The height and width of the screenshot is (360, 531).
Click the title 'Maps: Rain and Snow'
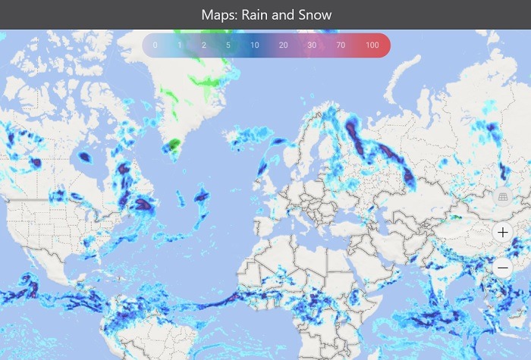click(266, 15)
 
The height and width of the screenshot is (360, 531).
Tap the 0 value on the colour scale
click(155, 45)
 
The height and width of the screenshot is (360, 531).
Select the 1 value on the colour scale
click(180, 45)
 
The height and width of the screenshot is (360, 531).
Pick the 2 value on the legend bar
click(204, 45)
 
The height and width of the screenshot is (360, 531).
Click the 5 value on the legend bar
click(228, 45)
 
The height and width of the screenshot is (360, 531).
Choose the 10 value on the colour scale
click(255, 45)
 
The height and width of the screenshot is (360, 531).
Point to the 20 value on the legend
click(283, 45)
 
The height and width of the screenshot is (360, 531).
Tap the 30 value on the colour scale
click(312, 45)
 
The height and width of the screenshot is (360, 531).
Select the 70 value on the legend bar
click(341, 45)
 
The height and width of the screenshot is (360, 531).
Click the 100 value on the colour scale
click(372, 45)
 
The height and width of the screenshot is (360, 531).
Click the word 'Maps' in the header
click(218, 15)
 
